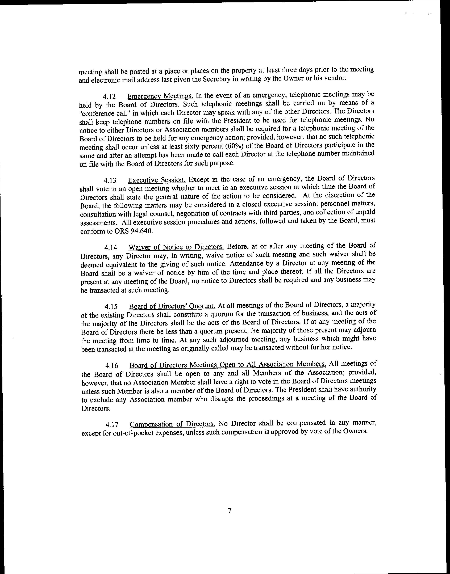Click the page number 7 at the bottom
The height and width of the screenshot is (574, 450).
pos(230,511)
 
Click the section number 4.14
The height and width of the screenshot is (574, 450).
pos(111,248)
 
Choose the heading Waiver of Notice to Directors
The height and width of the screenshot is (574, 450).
pos(176,247)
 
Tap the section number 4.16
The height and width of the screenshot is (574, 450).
pos(111,366)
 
